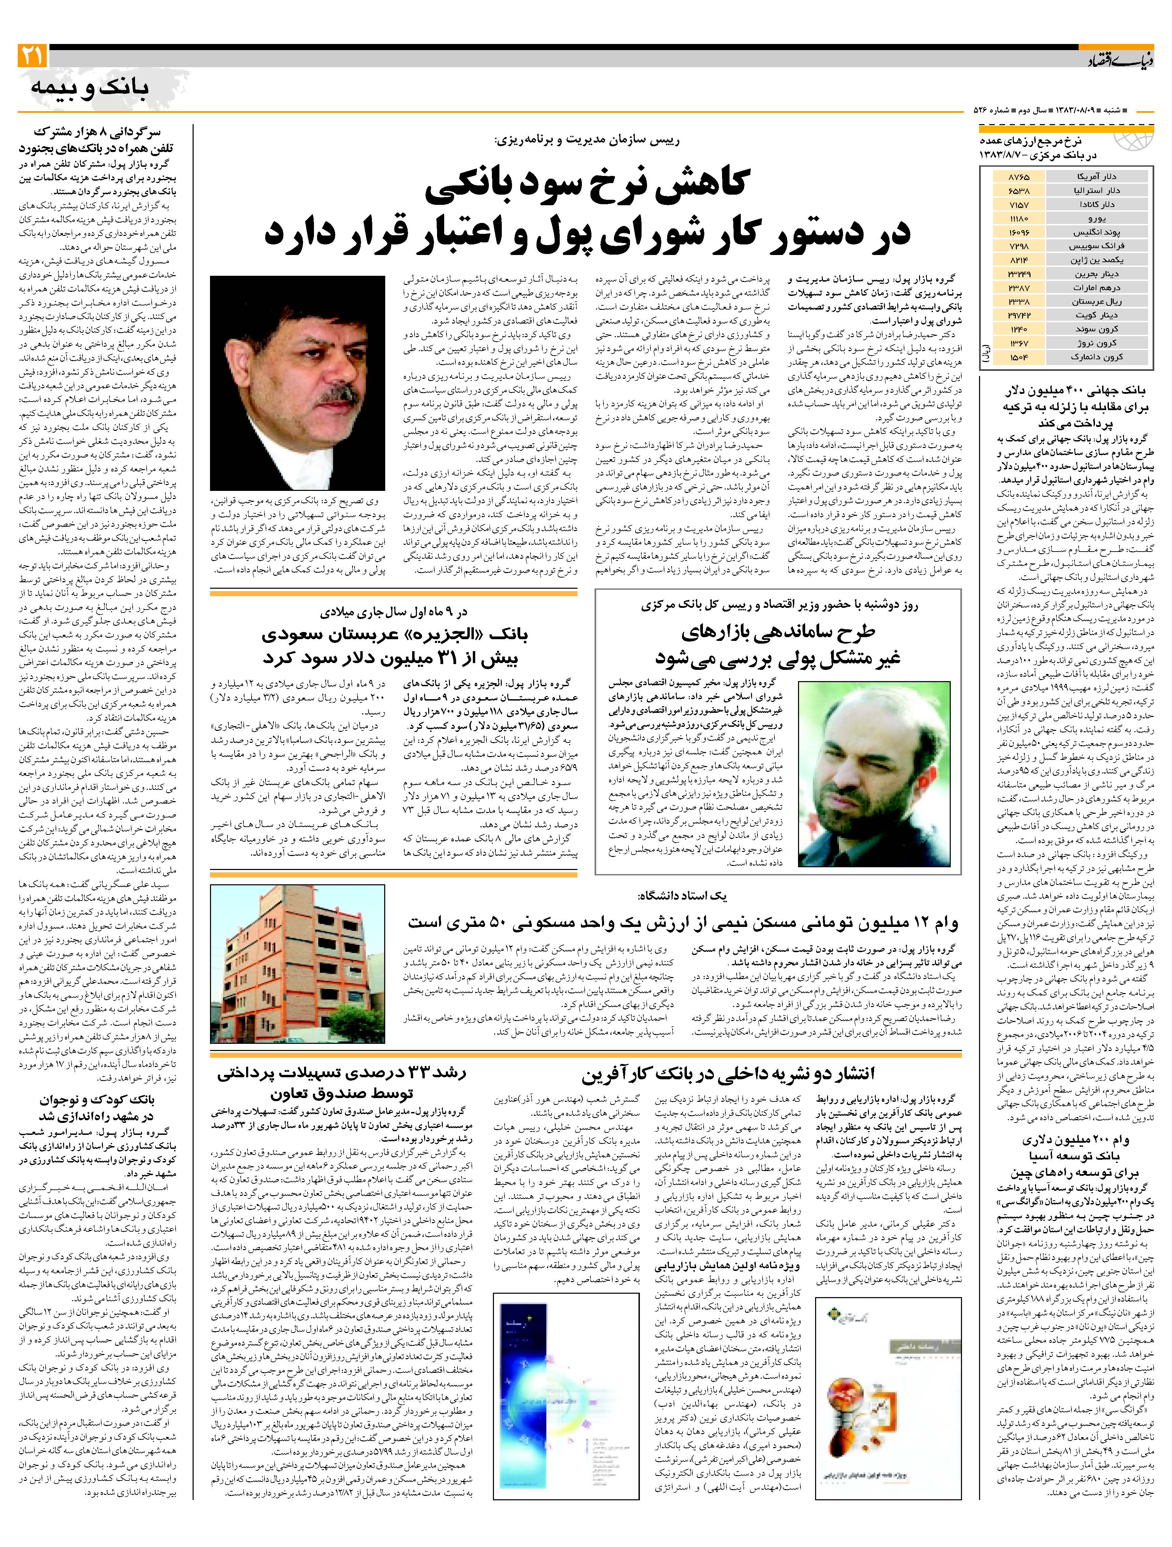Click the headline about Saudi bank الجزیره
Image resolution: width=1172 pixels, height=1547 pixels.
click(x=394, y=646)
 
